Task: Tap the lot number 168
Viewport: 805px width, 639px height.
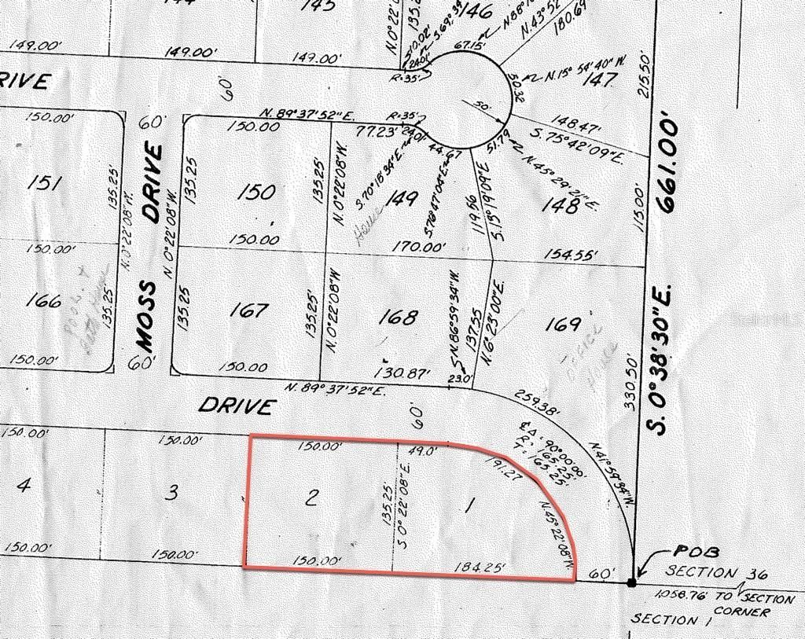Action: [398, 317]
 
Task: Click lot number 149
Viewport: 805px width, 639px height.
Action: [402, 200]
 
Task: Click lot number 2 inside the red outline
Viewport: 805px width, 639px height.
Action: [312, 498]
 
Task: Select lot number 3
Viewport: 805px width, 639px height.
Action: [174, 494]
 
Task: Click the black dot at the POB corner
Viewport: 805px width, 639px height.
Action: [631, 582]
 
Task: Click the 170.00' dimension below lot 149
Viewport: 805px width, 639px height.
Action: [419, 247]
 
